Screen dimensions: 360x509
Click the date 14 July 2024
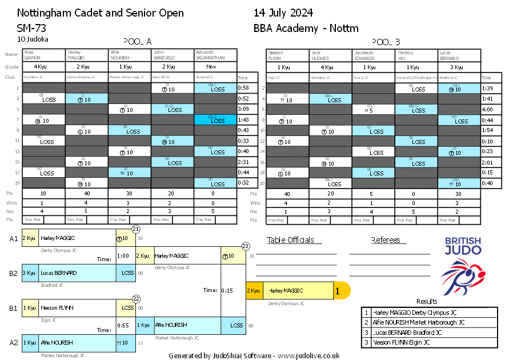[x=283, y=13]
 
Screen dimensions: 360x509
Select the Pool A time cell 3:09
[x=243, y=109]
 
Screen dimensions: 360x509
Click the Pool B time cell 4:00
[x=487, y=109]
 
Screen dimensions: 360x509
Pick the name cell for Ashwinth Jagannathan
[x=215, y=55]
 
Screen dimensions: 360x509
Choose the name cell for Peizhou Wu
[x=416, y=55]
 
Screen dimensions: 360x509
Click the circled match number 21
[x=136, y=229]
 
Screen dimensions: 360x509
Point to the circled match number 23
[x=246, y=246]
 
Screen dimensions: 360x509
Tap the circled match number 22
[x=136, y=298]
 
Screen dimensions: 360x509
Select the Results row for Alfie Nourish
[x=429, y=322]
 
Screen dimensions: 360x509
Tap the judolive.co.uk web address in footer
[x=308, y=355]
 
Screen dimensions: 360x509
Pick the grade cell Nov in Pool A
[x=215, y=67]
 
